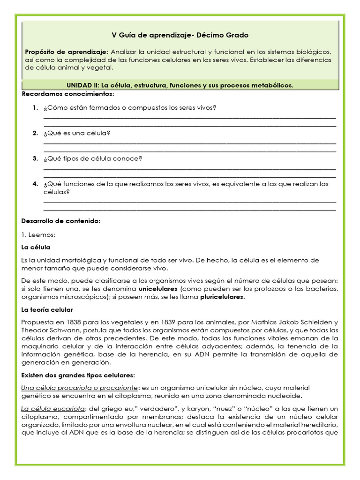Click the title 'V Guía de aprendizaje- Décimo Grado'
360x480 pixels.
pyautogui.click(x=180, y=35)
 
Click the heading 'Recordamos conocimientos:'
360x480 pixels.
pyautogui.click(x=67, y=94)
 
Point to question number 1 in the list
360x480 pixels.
pyautogui.click(x=35, y=108)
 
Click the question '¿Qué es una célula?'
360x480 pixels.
pyautogui.click(x=77, y=133)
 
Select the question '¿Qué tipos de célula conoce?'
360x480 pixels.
pyautogui.click(x=93, y=158)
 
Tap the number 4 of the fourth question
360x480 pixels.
pyautogui.click(x=35, y=184)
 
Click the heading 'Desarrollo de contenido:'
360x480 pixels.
pyautogui.click(x=61, y=221)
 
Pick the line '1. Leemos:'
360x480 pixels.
pyautogui.click(x=38, y=234)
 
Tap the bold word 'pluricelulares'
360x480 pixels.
pyautogui.click(x=223, y=297)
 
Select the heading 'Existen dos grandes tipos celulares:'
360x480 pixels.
pyautogui.click(x=78, y=375)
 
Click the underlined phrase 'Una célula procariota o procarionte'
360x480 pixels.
pyautogui.click(x=80, y=388)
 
